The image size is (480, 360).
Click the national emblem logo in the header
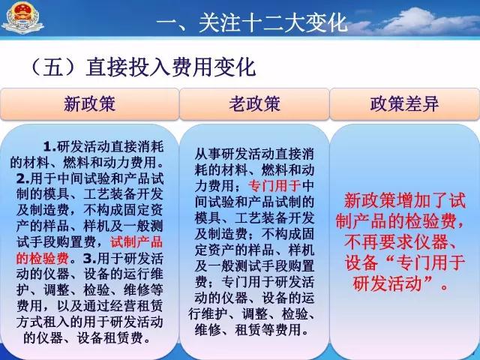pyautogui.click(x=22, y=17)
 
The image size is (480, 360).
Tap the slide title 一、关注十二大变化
pyautogui.click(x=252, y=22)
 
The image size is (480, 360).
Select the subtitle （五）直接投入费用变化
pyautogui.click(x=142, y=67)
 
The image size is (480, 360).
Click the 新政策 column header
pyautogui.click(x=89, y=103)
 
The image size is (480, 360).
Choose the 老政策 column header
pyautogui.click(x=254, y=103)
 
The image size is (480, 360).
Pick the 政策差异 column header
pyautogui.click(x=404, y=103)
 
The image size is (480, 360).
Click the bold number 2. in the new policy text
pyautogui.click(x=23, y=178)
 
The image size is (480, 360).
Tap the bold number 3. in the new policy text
pyautogui.click(x=90, y=259)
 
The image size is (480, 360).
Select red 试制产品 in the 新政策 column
pyautogui.click(x=136, y=242)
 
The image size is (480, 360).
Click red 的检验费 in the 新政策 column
pyautogui.click(x=43, y=259)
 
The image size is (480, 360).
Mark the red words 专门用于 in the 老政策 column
pyautogui.click(x=274, y=186)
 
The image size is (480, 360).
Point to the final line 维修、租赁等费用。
pyautogui.click(x=252, y=330)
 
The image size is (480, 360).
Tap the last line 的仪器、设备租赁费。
pyautogui.click(x=87, y=338)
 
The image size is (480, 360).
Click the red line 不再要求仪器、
pyautogui.click(x=401, y=242)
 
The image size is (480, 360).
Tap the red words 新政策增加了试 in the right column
pyautogui.click(x=405, y=201)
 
